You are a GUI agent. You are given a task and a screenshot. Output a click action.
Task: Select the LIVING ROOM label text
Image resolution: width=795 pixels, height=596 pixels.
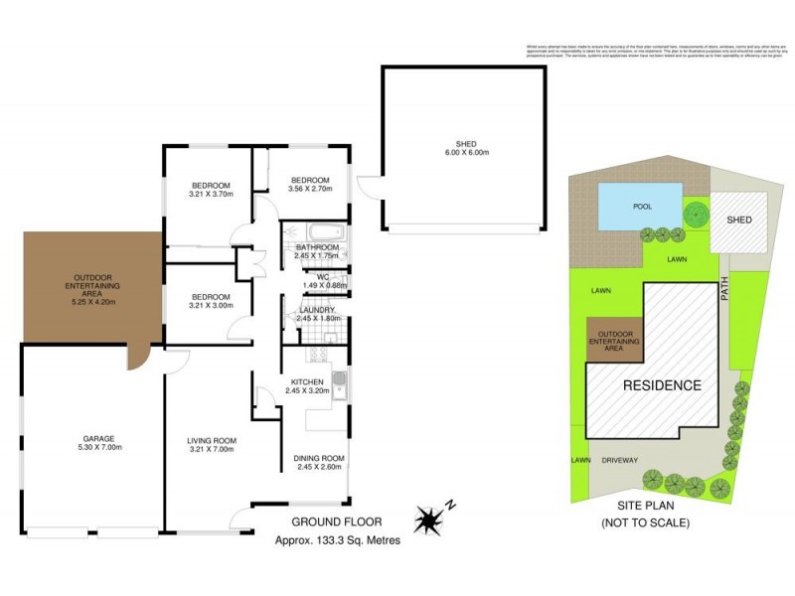pyautogui.click(x=211, y=442)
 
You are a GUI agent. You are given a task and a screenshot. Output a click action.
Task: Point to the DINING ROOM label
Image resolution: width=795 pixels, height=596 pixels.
pyautogui.click(x=319, y=462)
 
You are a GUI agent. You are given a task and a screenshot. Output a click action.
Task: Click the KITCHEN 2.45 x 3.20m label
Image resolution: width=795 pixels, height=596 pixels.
pyautogui.click(x=313, y=385)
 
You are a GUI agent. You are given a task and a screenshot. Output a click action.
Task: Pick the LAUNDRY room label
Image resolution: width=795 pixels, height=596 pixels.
pyautogui.click(x=319, y=314)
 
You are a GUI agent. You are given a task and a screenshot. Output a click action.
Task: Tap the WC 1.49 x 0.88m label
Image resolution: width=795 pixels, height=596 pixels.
pyautogui.click(x=324, y=281)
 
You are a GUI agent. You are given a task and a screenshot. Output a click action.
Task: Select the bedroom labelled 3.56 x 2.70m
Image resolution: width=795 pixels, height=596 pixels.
pyautogui.click(x=310, y=184)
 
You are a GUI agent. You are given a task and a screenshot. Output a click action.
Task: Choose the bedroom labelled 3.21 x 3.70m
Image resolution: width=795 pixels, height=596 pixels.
pyautogui.click(x=211, y=190)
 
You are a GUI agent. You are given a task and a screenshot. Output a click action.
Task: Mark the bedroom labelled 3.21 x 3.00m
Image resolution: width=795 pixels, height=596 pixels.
pyautogui.click(x=211, y=301)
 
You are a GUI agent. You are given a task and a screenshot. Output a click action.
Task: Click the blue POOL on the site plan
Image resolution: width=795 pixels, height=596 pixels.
pyautogui.click(x=641, y=209)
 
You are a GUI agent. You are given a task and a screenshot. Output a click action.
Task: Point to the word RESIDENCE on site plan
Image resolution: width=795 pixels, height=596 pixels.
pyautogui.click(x=662, y=385)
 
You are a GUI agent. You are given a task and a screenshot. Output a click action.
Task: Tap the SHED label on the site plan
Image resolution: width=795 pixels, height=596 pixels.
pyautogui.click(x=739, y=220)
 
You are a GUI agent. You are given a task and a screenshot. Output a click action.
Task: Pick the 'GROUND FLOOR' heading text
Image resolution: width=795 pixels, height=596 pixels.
pyautogui.click(x=333, y=521)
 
